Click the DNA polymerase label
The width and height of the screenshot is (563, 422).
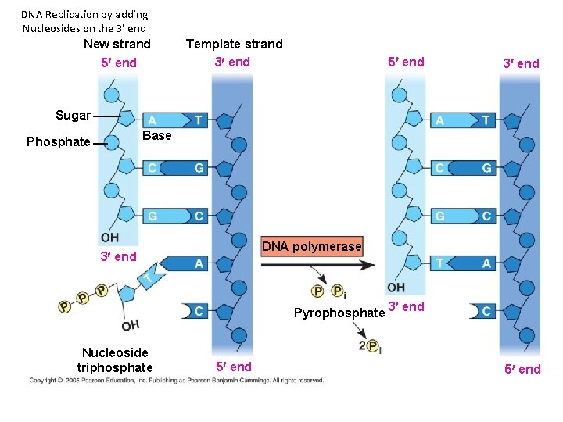pos(312,247)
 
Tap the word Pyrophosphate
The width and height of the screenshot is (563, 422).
pos(339,313)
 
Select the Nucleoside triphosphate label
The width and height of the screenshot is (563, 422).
pos(115,360)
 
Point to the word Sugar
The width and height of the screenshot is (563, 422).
pos(73,116)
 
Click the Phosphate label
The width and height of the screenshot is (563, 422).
pos(58,141)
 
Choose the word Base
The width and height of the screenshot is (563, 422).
pos(157,135)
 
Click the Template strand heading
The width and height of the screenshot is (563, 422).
pos(234,44)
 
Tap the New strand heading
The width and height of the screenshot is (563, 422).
pos(117,44)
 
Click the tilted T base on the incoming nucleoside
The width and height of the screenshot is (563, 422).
pos(148,278)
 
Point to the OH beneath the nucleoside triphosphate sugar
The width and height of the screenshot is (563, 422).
pos(131,325)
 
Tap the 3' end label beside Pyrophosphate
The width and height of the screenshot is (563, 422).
pos(407,306)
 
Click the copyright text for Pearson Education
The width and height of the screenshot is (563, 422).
pos(176,381)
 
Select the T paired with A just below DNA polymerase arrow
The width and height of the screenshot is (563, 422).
pos(440,264)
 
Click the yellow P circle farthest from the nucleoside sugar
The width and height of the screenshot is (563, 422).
pos(64,307)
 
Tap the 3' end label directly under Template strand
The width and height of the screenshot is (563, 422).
pos(232,62)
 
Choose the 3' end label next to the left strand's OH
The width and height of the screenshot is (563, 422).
pos(118,256)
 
